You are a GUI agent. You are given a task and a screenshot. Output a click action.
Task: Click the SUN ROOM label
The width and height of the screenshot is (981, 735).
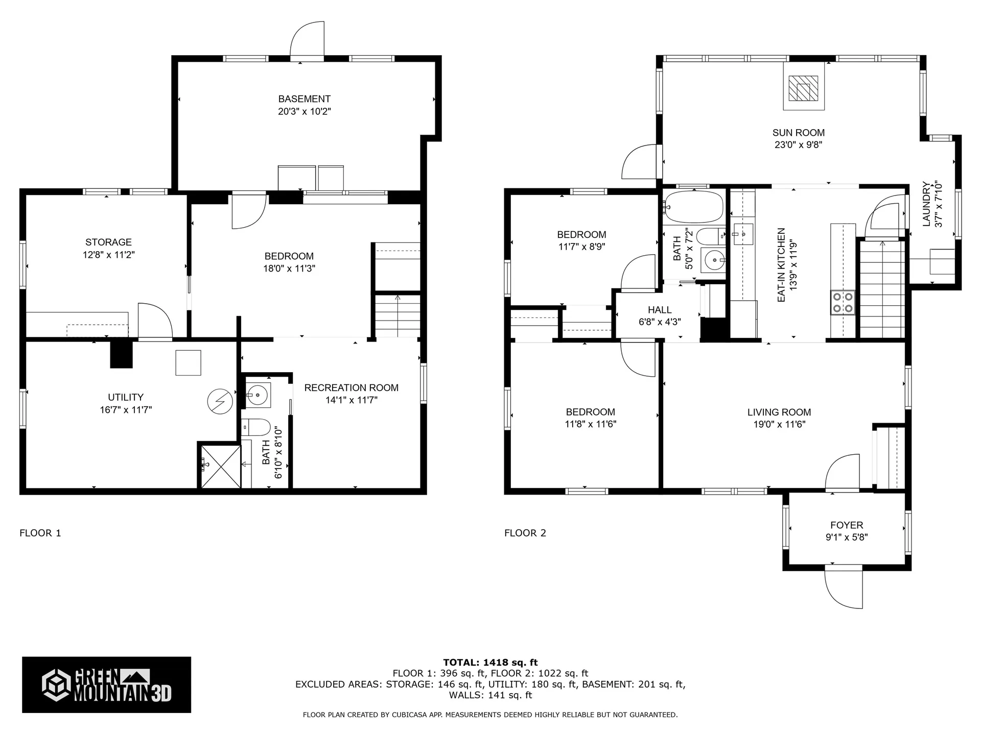click(798, 133)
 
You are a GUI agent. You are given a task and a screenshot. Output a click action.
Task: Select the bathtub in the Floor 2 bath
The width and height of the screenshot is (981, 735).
click(693, 207)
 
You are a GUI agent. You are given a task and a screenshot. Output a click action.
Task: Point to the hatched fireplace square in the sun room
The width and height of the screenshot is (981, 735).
click(803, 88)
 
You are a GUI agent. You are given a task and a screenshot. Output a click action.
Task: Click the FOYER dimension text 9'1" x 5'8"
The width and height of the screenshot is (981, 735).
click(847, 537)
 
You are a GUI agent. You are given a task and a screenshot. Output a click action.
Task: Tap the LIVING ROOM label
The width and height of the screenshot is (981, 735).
click(779, 412)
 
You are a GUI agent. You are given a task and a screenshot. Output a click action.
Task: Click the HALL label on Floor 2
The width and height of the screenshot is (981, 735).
click(660, 310)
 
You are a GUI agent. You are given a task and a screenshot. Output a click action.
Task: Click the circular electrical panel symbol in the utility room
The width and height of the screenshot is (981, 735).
click(220, 402)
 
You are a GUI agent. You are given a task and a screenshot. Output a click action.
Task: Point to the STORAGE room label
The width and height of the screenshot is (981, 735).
click(108, 242)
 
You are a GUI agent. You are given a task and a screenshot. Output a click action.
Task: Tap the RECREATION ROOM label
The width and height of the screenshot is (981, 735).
click(351, 387)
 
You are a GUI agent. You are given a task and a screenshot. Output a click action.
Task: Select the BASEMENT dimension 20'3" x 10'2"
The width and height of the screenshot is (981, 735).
click(305, 111)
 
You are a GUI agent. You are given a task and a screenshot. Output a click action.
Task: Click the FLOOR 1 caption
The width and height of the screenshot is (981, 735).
click(40, 533)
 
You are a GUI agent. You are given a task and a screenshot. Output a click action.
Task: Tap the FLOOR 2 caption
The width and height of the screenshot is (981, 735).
click(525, 533)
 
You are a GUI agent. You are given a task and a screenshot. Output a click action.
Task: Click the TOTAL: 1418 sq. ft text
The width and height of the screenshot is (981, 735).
click(491, 663)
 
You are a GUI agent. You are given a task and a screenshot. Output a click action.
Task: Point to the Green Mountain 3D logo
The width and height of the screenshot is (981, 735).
click(106, 684)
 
